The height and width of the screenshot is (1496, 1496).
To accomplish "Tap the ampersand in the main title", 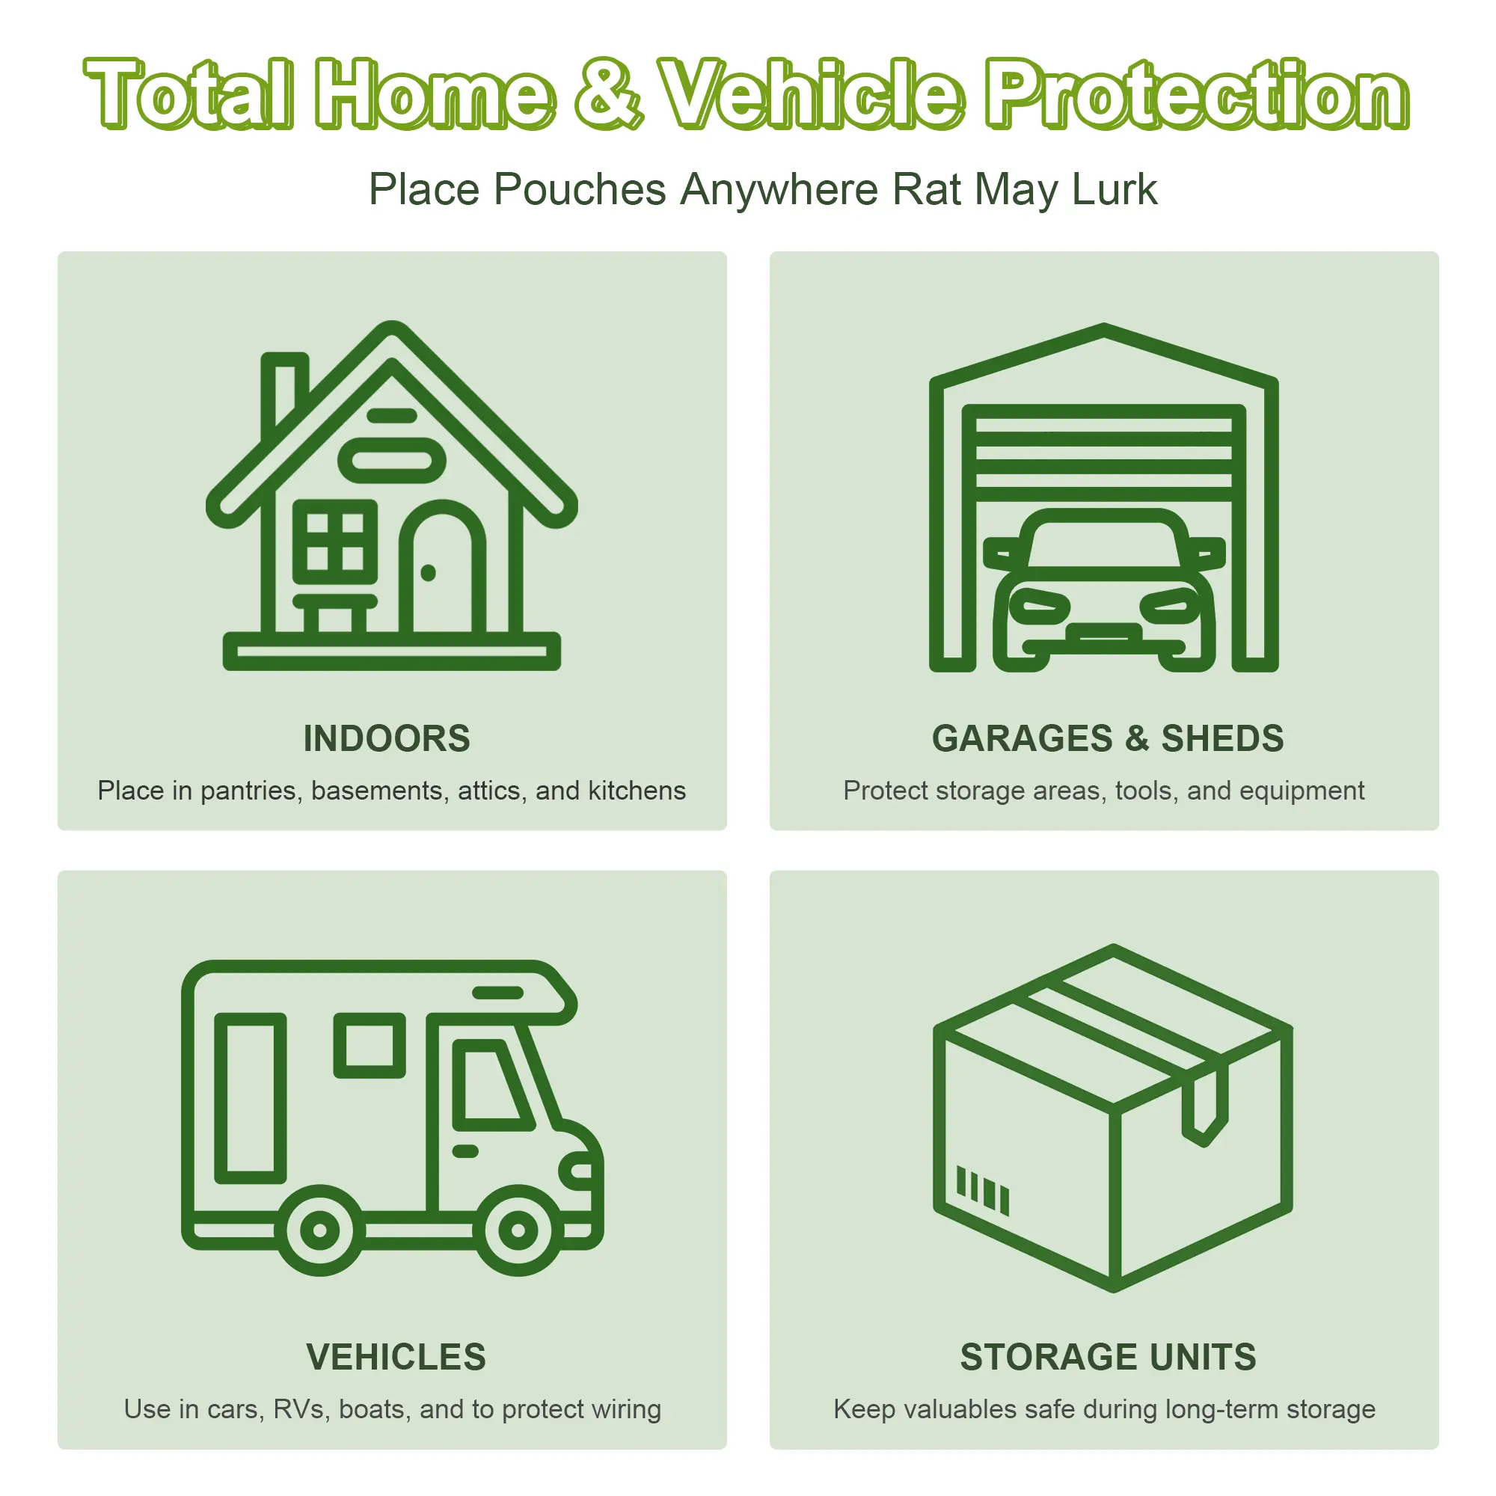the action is (610, 94).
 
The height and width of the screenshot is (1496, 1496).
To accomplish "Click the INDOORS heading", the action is (387, 738).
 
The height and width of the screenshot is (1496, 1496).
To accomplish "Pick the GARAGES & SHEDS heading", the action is (1107, 738).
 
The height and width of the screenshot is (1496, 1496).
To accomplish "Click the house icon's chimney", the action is (283, 391).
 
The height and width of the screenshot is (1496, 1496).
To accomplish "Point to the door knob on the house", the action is (428, 572).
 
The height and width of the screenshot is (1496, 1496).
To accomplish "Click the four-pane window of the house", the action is (335, 542).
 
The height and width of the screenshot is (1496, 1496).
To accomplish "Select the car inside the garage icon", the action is (1103, 590).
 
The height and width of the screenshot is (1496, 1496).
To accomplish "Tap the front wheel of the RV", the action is (518, 1230).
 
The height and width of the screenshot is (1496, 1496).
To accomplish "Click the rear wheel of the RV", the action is (320, 1230).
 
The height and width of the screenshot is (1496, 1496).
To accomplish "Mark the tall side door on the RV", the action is (250, 1098).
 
